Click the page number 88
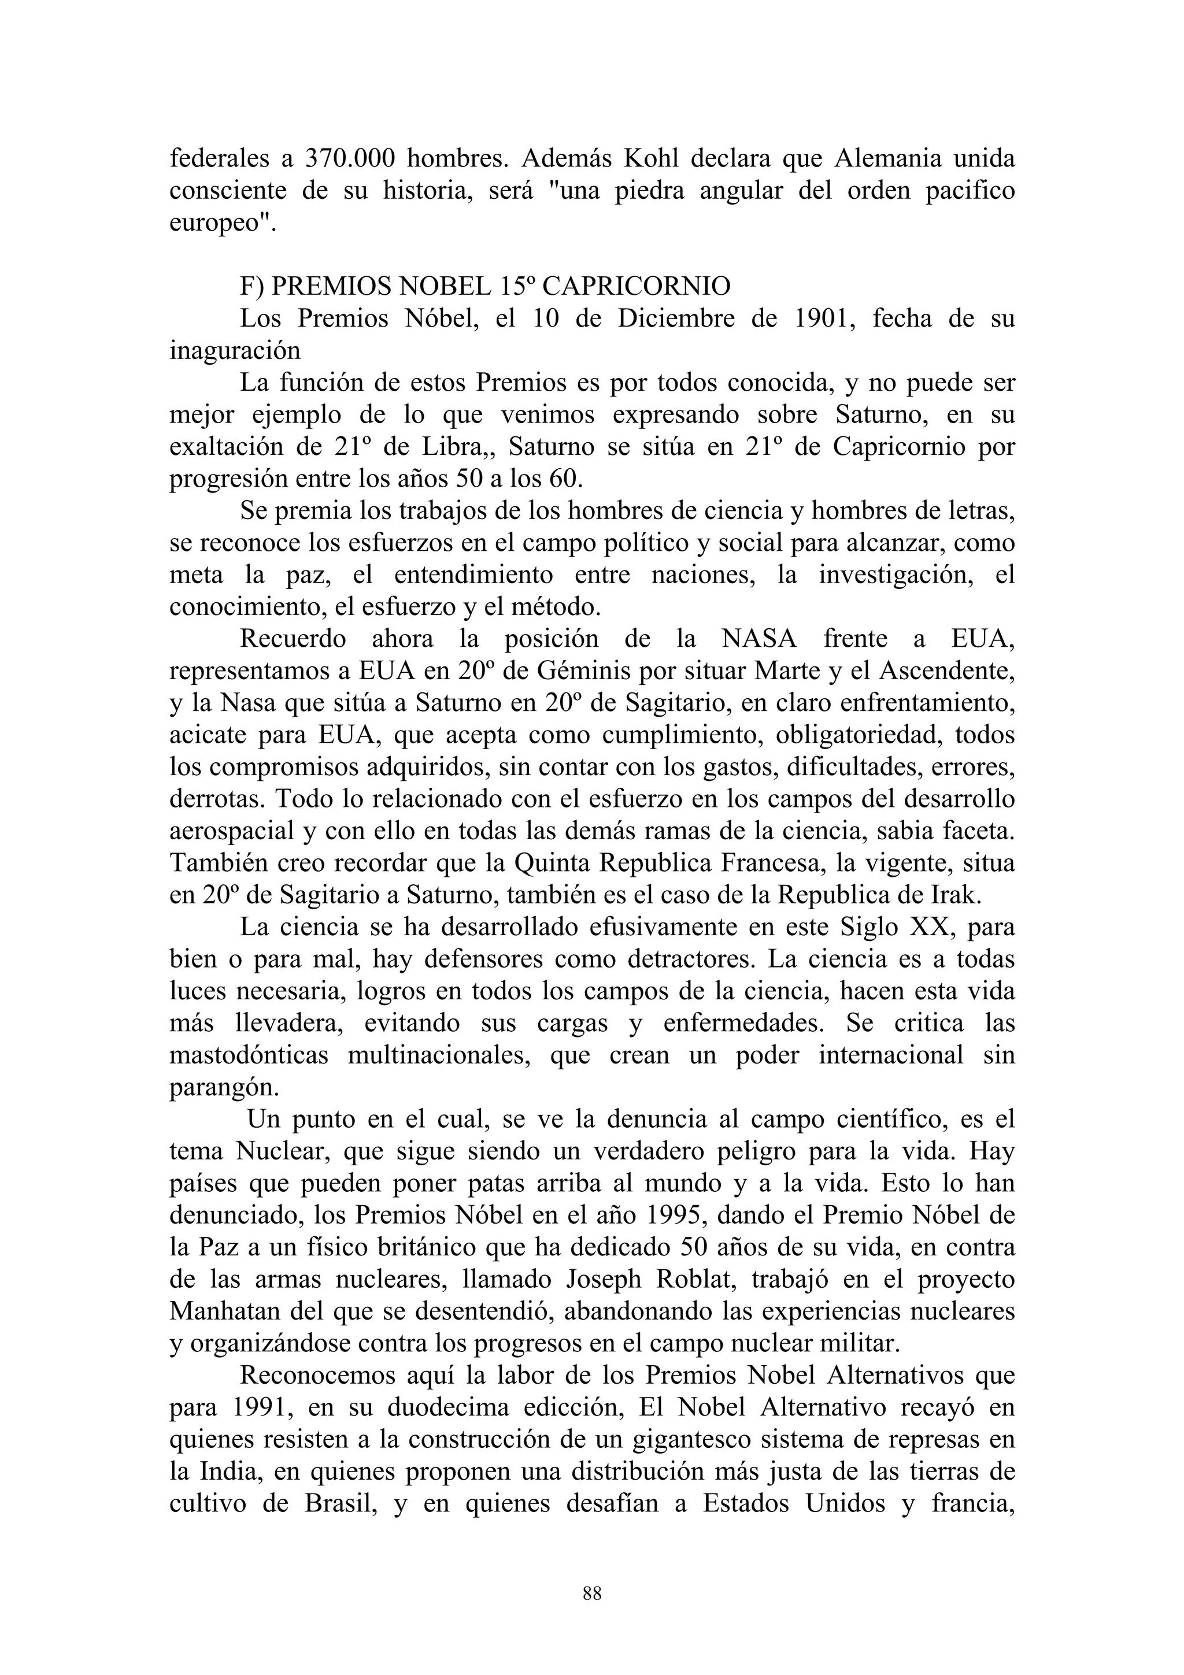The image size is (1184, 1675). tap(591, 1594)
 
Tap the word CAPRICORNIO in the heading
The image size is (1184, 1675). tap(635, 287)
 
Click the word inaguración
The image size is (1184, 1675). tap(235, 351)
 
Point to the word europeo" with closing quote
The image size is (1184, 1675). tap(223, 223)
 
